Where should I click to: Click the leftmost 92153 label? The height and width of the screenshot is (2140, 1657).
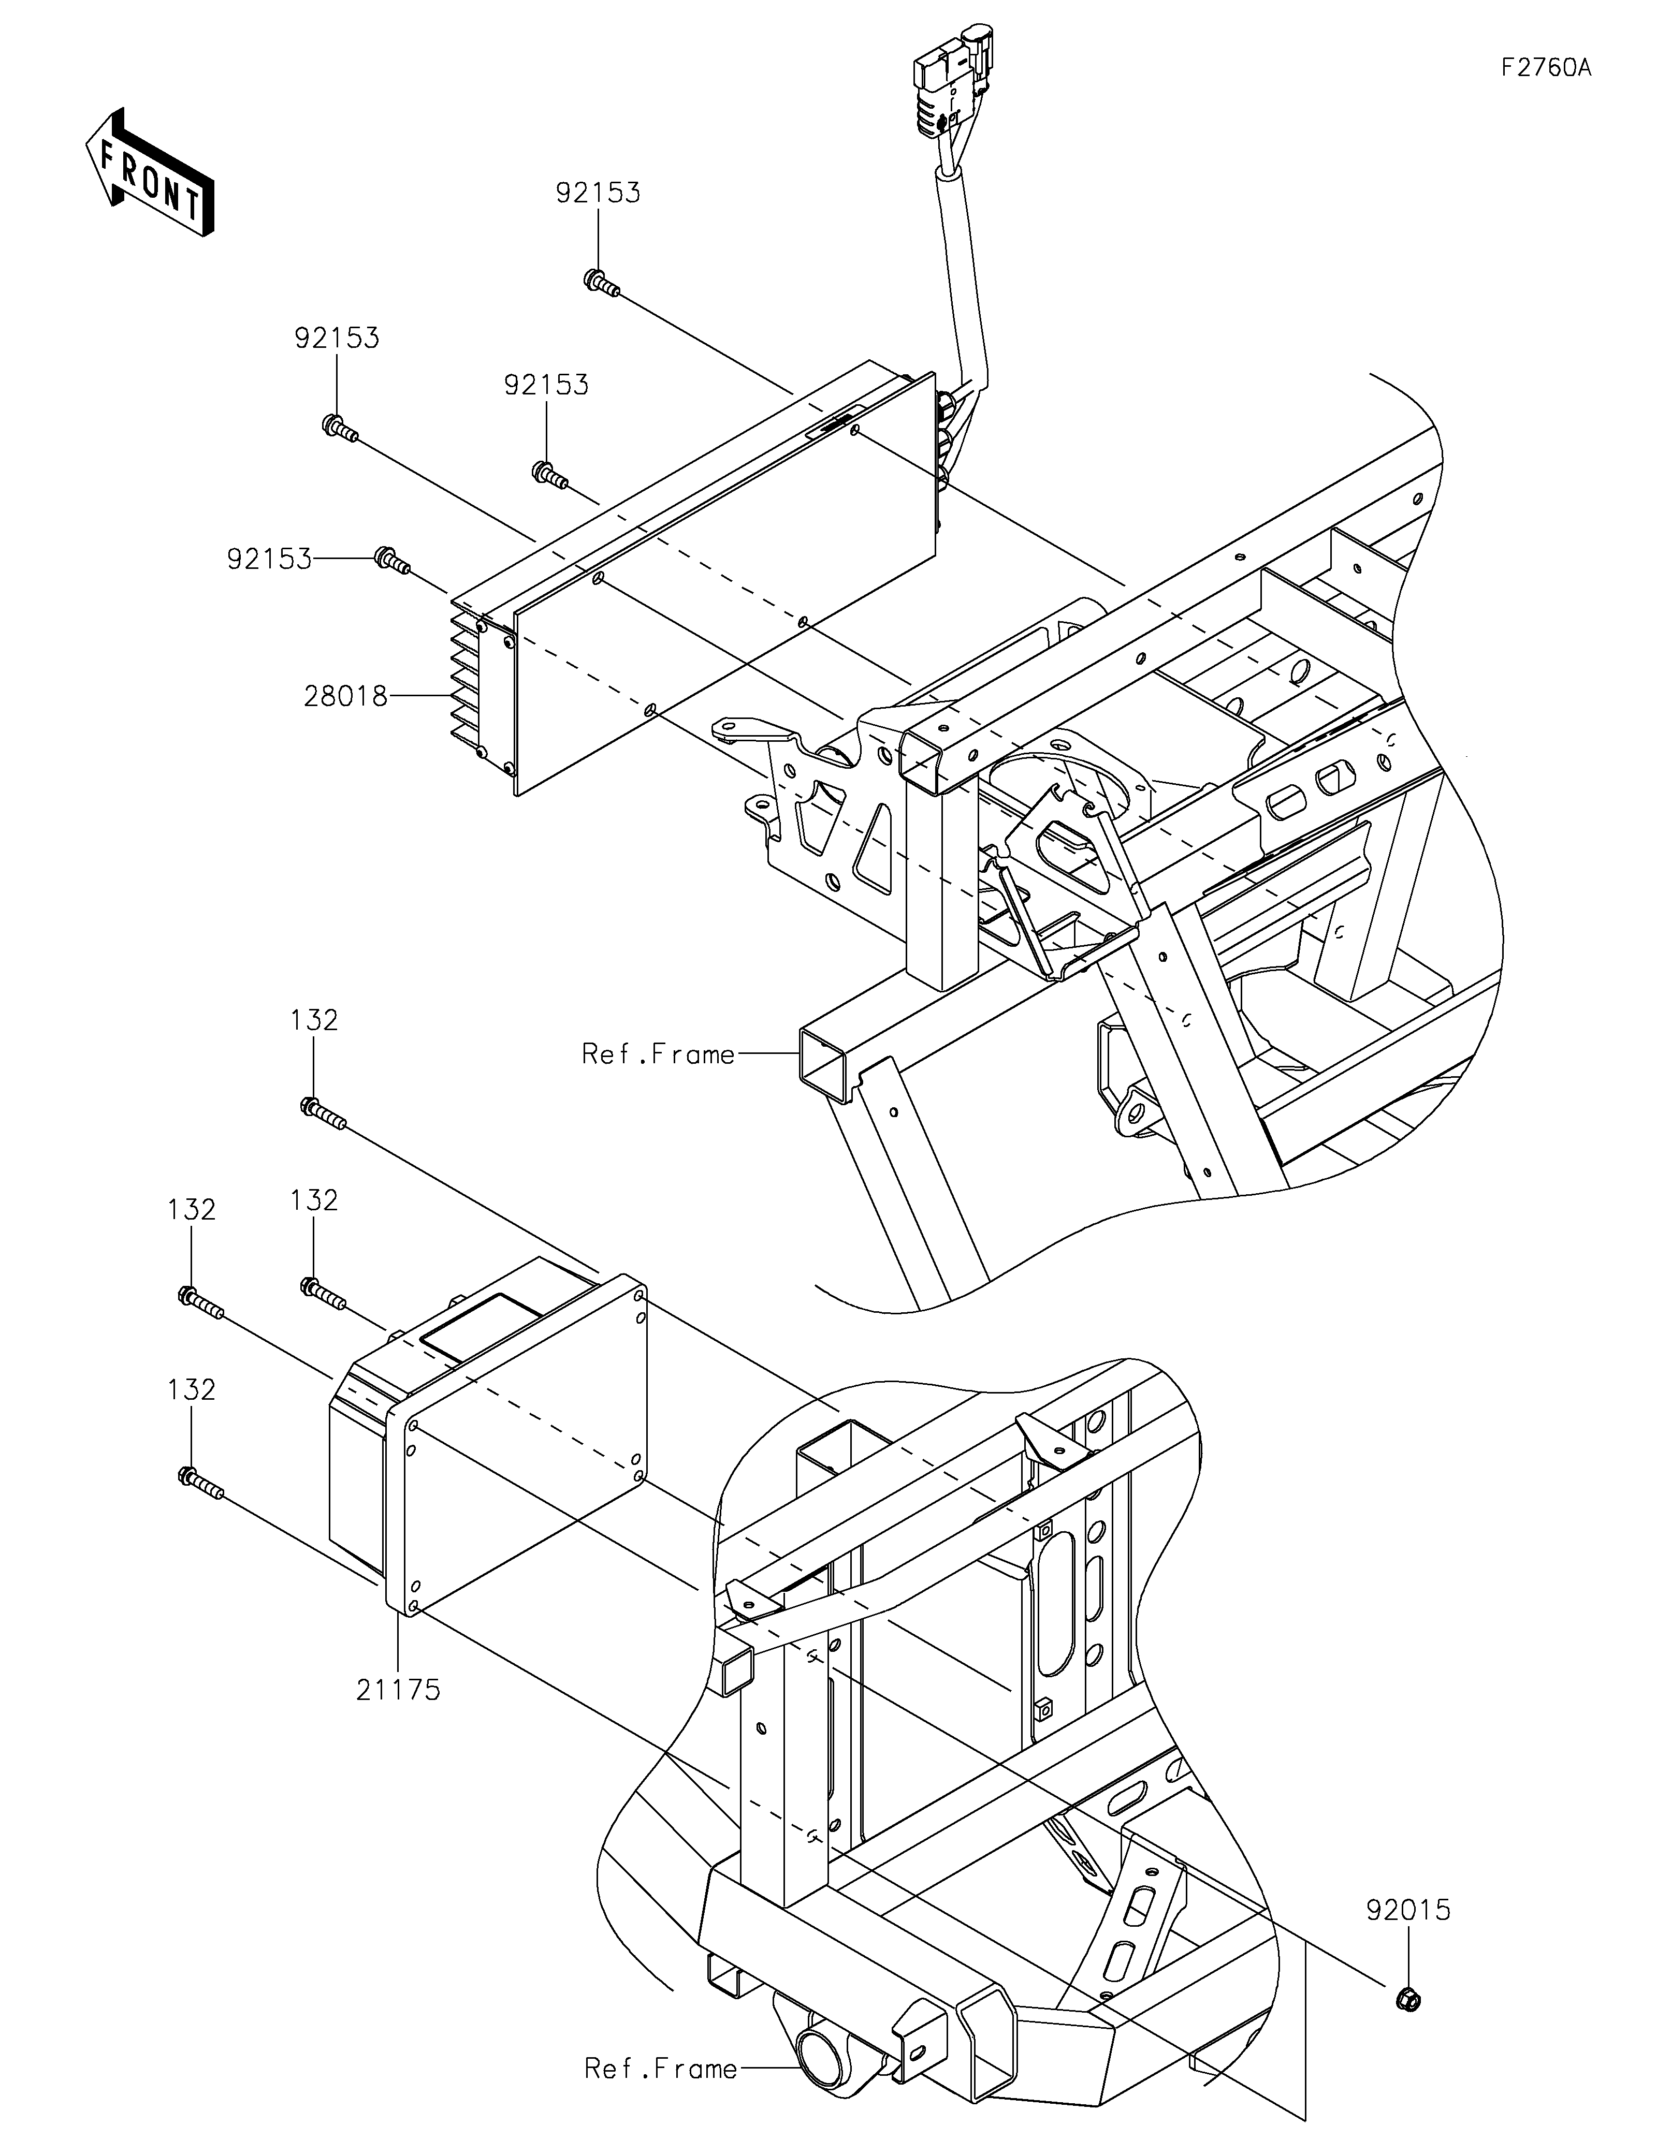click(269, 560)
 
